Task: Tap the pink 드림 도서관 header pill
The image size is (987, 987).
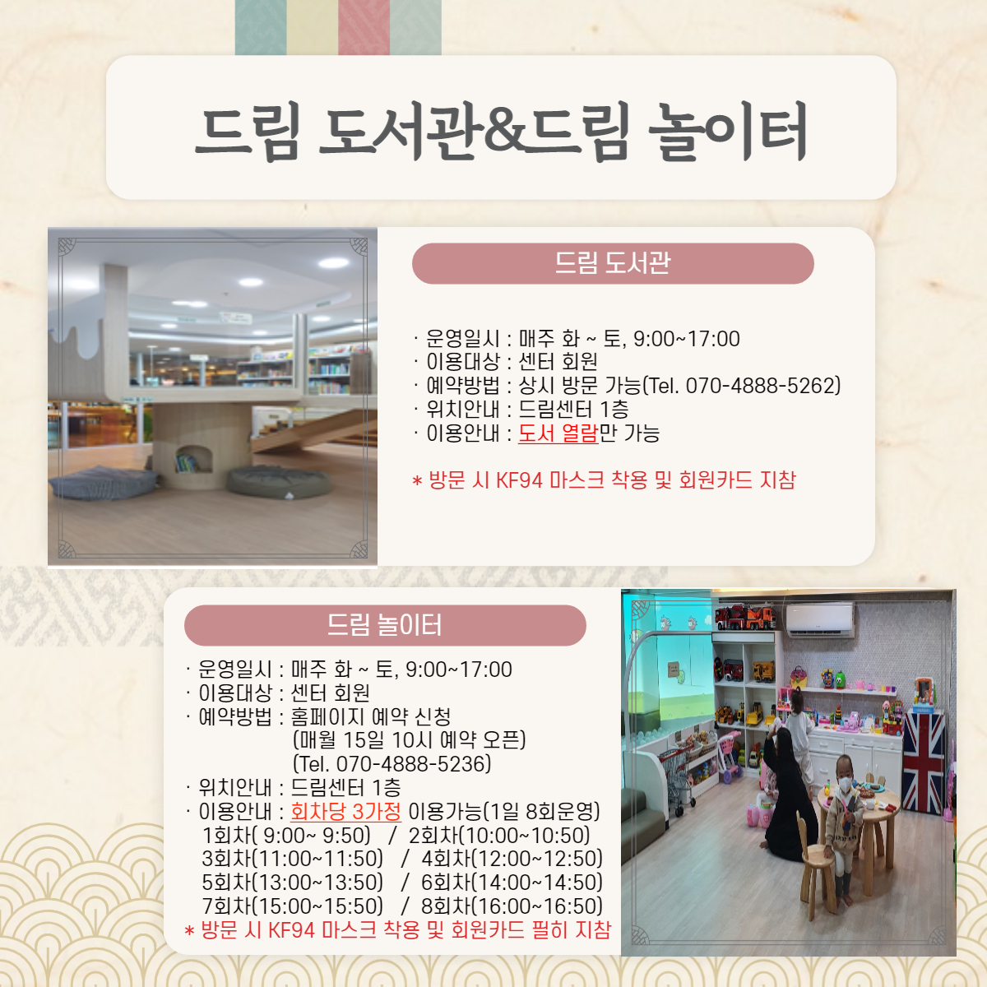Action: (613, 263)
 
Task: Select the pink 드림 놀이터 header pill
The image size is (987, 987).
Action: (385, 625)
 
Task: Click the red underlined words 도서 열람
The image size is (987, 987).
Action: (558, 433)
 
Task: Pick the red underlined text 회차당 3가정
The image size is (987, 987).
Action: (345, 811)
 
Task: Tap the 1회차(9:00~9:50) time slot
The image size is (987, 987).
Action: (286, 836)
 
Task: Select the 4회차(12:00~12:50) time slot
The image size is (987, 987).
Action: (512, 859)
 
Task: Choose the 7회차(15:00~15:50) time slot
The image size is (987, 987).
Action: (293, 906)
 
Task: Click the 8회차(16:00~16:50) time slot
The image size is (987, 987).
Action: (512, 906)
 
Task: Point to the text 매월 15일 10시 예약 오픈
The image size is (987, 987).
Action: (410, 740)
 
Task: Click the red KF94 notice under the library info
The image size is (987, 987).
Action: (604, 480)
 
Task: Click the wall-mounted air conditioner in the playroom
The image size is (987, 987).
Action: (820, 620)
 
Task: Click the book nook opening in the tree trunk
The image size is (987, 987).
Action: (193, 459)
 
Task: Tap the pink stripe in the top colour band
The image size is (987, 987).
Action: (364, 27)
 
